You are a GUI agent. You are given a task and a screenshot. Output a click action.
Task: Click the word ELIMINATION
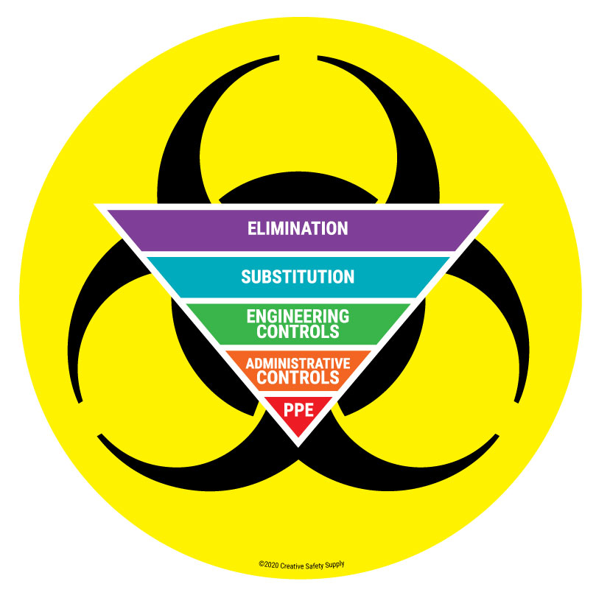[x=298, y=228]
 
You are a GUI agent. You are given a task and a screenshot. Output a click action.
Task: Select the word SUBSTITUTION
[x=298, y=277]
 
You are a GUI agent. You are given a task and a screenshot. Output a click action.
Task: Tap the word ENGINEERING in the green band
[x=298, y=316]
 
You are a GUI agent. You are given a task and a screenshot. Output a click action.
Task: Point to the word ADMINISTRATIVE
[x=298, y=364]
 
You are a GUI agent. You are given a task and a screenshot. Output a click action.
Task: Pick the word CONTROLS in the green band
[x=298, y=331]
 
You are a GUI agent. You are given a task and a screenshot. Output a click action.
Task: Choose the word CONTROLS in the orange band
[x=298, y=378]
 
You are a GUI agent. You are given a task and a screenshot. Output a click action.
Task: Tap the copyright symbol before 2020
[x=261, y=565]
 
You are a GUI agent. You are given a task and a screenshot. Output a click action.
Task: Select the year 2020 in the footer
[x=270, y=565]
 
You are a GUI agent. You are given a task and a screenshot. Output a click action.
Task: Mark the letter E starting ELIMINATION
[x=252, y=228]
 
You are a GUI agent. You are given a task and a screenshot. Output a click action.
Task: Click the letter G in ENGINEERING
[x=270, y=316]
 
